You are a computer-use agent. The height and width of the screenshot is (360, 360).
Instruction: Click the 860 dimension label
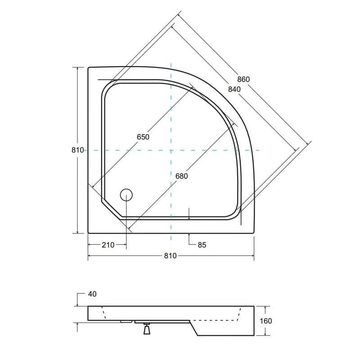243,80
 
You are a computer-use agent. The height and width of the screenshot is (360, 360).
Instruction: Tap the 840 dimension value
234,89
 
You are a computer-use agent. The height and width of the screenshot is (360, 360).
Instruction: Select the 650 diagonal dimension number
143,137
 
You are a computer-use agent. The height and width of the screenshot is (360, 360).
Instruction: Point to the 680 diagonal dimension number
182,176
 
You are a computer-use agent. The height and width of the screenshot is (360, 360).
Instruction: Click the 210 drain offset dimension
108,245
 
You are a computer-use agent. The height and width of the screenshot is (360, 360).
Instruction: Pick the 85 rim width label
202,245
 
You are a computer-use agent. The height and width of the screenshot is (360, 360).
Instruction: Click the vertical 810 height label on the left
77,150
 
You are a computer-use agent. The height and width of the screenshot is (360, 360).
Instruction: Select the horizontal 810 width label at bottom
171,256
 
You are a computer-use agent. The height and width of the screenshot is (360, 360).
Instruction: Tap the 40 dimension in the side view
92,294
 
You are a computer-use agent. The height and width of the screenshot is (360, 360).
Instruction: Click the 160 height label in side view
266,321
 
